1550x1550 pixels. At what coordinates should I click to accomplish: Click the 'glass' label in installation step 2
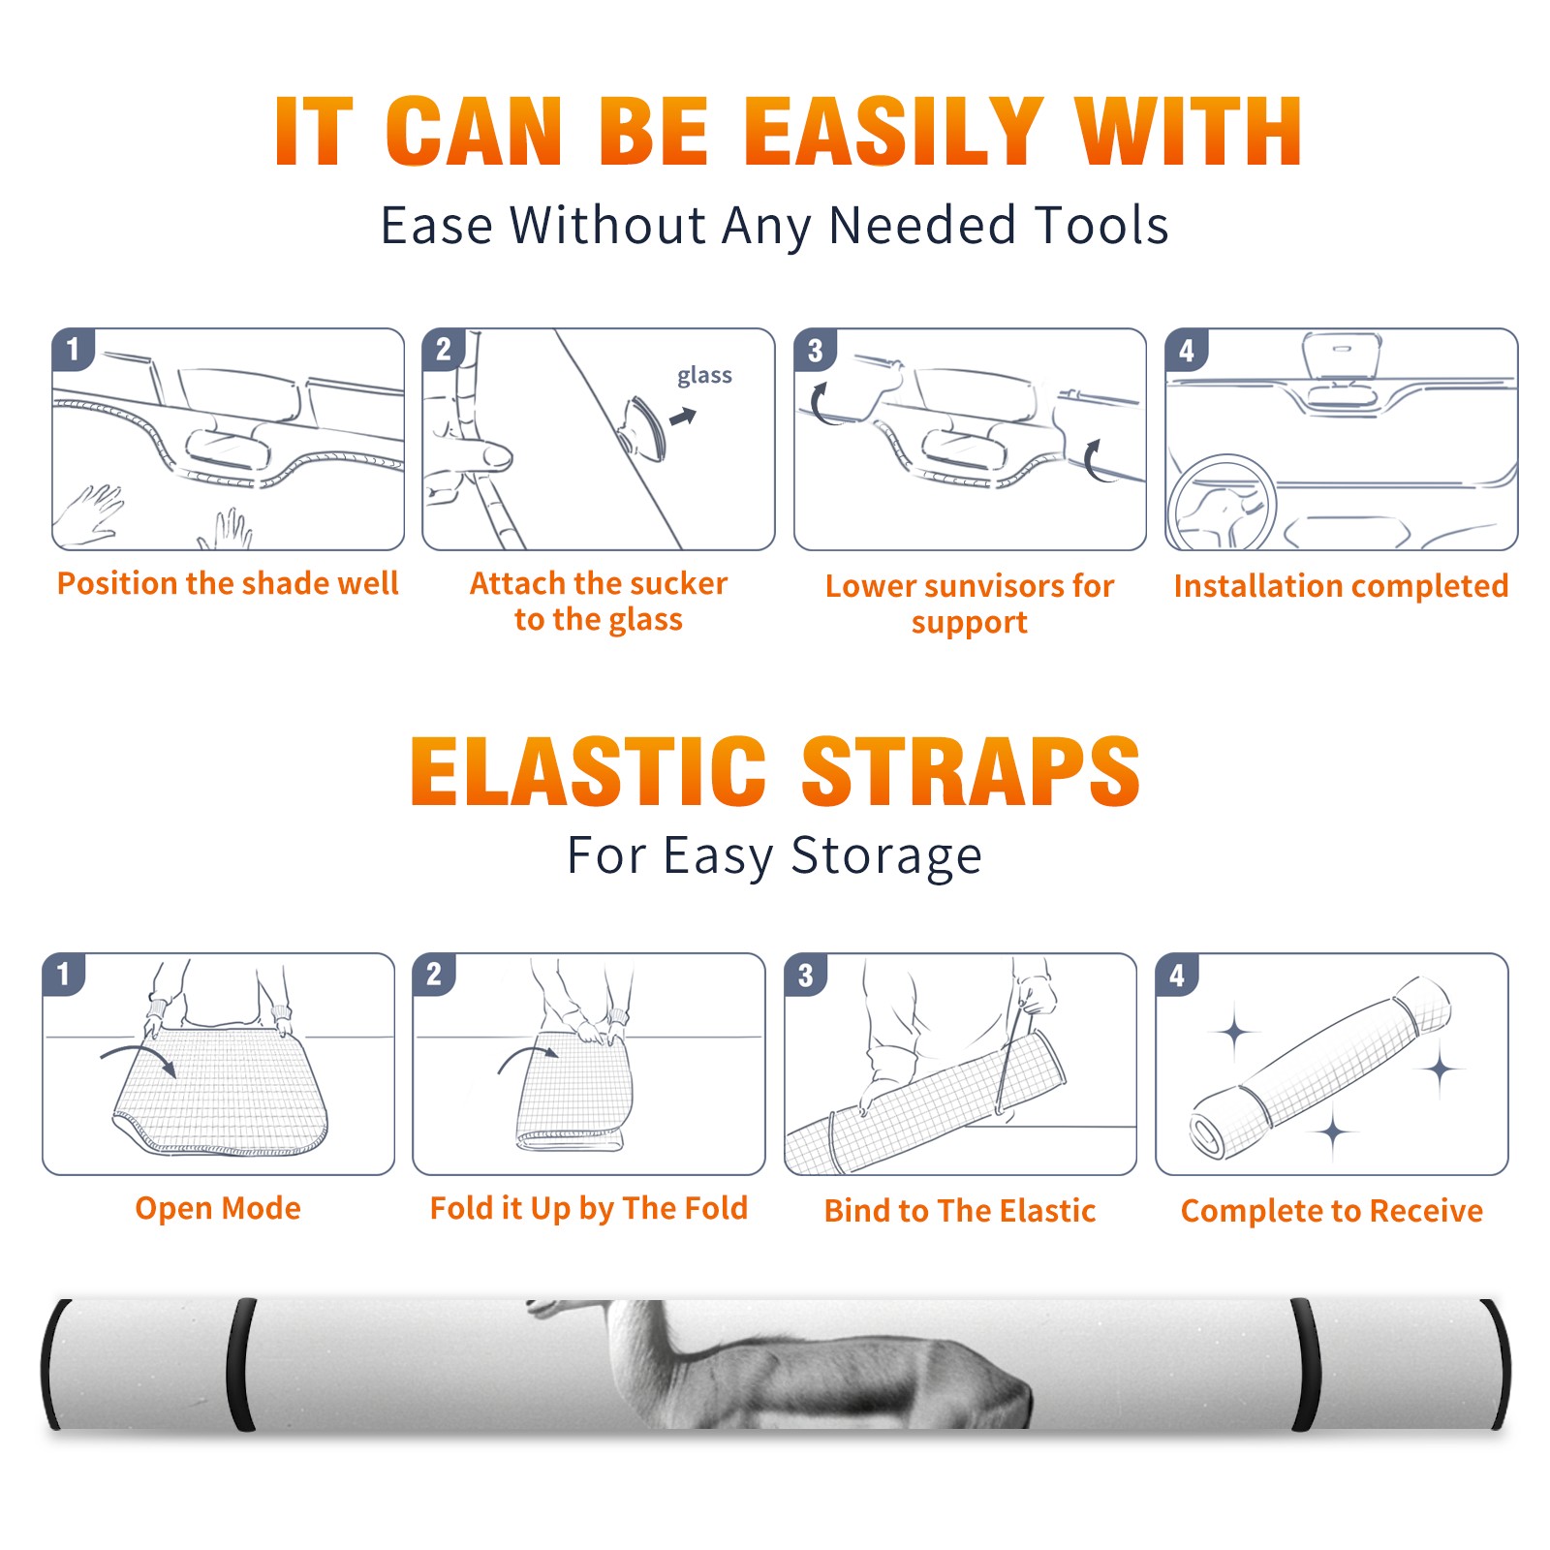[x=704, y=376]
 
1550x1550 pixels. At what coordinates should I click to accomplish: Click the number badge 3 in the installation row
[x=815, y=350]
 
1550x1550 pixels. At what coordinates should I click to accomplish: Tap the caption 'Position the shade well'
[x=228, y=583]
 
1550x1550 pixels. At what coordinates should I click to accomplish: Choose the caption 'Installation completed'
[x=1341, y=586]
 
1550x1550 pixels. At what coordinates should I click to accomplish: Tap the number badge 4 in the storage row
[x=1177, y=975]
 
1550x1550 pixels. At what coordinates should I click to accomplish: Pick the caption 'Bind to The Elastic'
[x=960, y=1211]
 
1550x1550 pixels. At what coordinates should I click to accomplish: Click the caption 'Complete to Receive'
[x=1332, y=1211]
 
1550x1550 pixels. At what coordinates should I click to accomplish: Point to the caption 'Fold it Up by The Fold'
[x=589, y=1208]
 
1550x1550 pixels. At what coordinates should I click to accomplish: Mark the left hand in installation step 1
[x=89, y=515]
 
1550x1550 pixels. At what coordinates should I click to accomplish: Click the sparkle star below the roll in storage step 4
[x=1334, y=1131]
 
